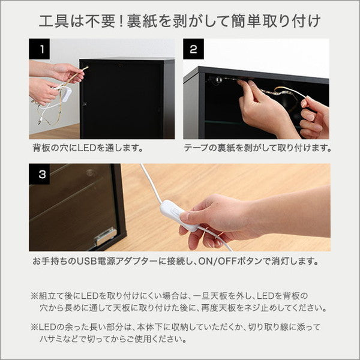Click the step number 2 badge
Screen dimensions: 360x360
coord(193,50)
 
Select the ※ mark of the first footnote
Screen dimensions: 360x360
coord(34,296)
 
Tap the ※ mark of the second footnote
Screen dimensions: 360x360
coord(34,327)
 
